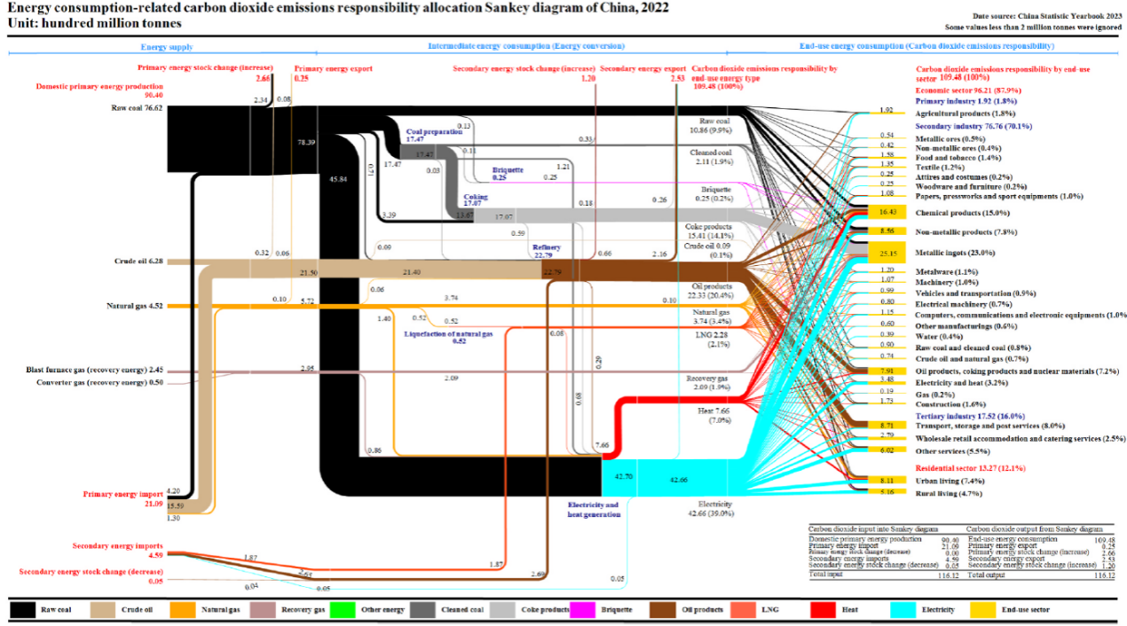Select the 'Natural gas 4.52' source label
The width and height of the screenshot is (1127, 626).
point(134,306)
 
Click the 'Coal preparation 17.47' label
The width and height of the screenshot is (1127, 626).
point(433,135)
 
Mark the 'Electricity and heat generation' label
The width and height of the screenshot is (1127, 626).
point(593,509)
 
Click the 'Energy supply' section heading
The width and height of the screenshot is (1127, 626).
point(167,45)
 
